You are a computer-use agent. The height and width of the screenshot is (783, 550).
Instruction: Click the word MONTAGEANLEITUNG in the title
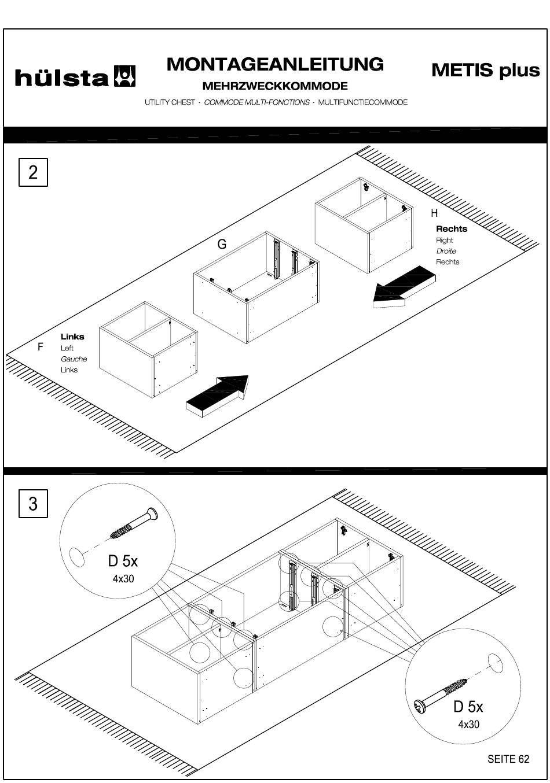[x=275, y=64]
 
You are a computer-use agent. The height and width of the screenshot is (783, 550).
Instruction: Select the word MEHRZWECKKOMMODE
[x=275, y=86]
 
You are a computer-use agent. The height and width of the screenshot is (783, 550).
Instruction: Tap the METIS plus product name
[x=485, y=71]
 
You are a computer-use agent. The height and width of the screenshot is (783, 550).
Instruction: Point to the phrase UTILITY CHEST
[x=170, y=102]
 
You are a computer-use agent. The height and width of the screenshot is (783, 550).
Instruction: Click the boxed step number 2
[x=33, y=172]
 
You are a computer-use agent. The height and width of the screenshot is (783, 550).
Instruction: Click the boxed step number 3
[x=33, y=504]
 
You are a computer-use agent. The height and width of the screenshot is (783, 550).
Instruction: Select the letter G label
[x=222, y=245]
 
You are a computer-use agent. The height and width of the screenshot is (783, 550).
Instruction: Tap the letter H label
[x=434, y=213]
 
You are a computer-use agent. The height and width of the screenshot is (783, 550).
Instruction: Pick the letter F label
[x=41, y=347]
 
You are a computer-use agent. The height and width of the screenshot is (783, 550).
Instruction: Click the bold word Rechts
[x=452, y=229]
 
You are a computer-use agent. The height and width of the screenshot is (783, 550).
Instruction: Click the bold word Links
[x=72, y=337]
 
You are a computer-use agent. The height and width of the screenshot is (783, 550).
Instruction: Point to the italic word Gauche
[x=74, y=359]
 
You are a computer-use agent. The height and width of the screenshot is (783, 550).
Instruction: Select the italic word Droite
[x=446, y=251]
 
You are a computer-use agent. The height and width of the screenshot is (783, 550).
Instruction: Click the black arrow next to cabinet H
[x=404, y=287]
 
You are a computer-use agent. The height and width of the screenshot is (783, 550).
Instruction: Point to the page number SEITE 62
[x=508, y=759]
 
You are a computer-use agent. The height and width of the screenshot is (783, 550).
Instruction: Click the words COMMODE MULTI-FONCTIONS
[x=256, y=102]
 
